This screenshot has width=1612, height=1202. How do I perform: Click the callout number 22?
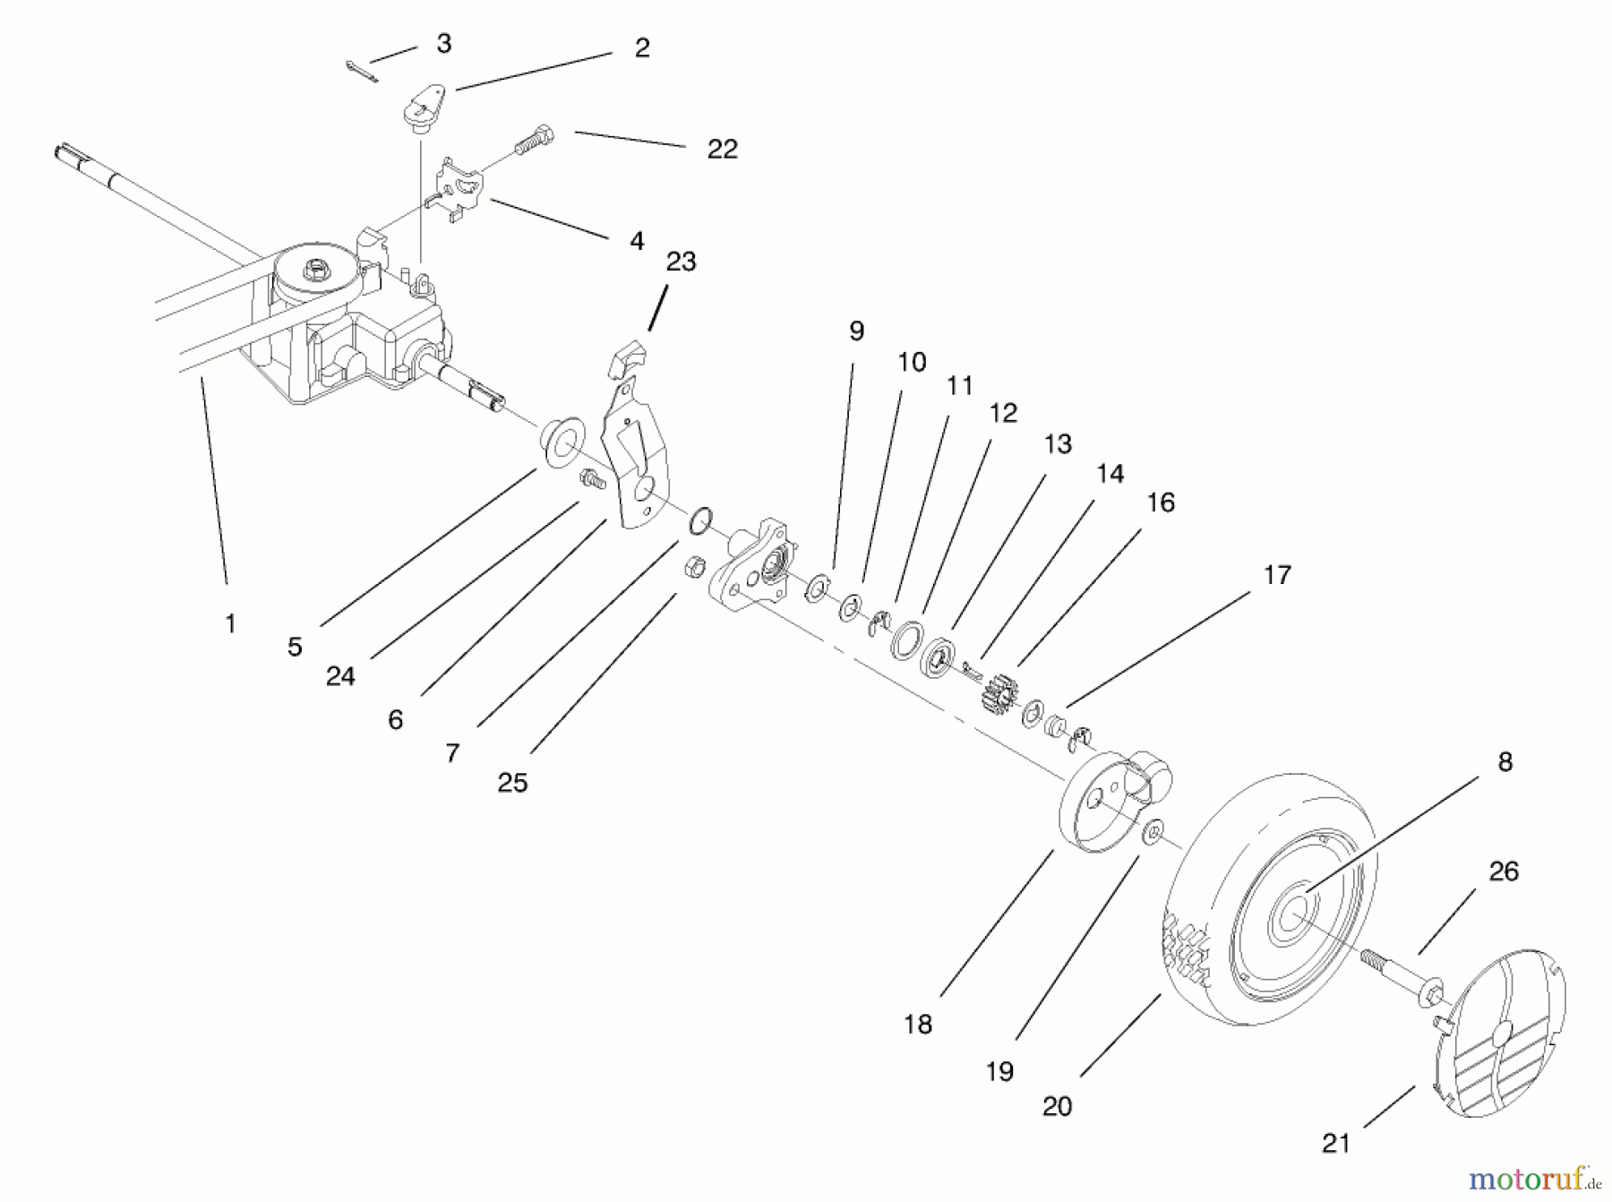pos(722,149)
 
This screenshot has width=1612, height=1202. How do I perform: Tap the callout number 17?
pos(1277,575)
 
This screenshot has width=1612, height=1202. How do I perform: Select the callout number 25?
pos(512,783)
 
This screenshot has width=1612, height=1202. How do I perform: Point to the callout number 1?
pos(230,623)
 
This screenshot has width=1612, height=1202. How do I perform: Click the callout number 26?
pos(1504,871)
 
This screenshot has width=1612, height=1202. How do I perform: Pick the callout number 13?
pos(1058,444)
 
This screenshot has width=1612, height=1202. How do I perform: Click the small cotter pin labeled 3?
pos(362,72)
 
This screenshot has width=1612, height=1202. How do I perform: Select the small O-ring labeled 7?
pos(700,519)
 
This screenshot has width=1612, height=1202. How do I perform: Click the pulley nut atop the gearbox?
pos(314,267)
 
